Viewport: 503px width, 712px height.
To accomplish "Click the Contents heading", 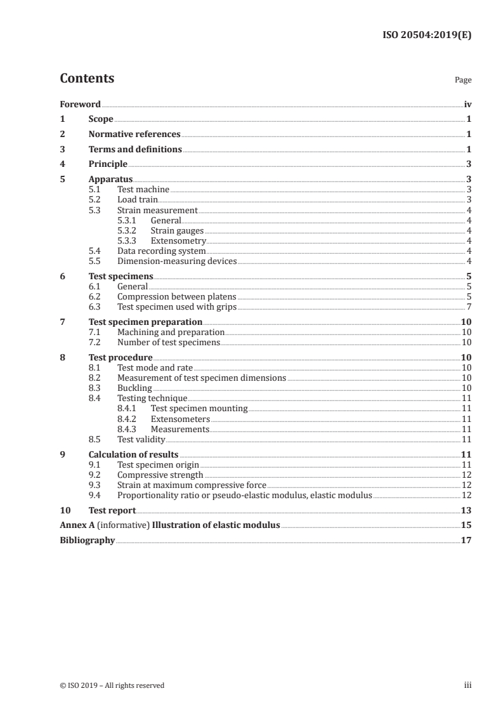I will (x=87, y=79).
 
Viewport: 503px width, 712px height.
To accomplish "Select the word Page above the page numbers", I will (x=463, y=81).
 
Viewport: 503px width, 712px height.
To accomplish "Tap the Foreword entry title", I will (x=80, y=104).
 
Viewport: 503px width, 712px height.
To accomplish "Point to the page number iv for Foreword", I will (x=467, y=104).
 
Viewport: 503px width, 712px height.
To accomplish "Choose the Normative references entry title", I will (x=134, y=135).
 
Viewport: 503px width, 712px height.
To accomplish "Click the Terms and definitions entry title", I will (x=135, y=150).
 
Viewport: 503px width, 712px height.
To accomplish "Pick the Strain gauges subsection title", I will (x=173, y=230).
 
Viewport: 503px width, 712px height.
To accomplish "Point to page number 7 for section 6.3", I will (x=469, y=307).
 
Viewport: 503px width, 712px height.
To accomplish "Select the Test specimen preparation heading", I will (x=145, y=322).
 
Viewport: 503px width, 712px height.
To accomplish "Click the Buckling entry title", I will (x=134, y=388).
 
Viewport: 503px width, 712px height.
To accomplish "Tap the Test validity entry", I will (x=141, y=439).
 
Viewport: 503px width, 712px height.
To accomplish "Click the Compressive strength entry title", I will (x=160, y=475).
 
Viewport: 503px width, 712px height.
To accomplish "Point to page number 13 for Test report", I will (x=466, y=510).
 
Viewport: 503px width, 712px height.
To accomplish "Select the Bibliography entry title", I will (x=87, y=541).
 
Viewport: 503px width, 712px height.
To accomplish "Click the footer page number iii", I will (x=467, y=685).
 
